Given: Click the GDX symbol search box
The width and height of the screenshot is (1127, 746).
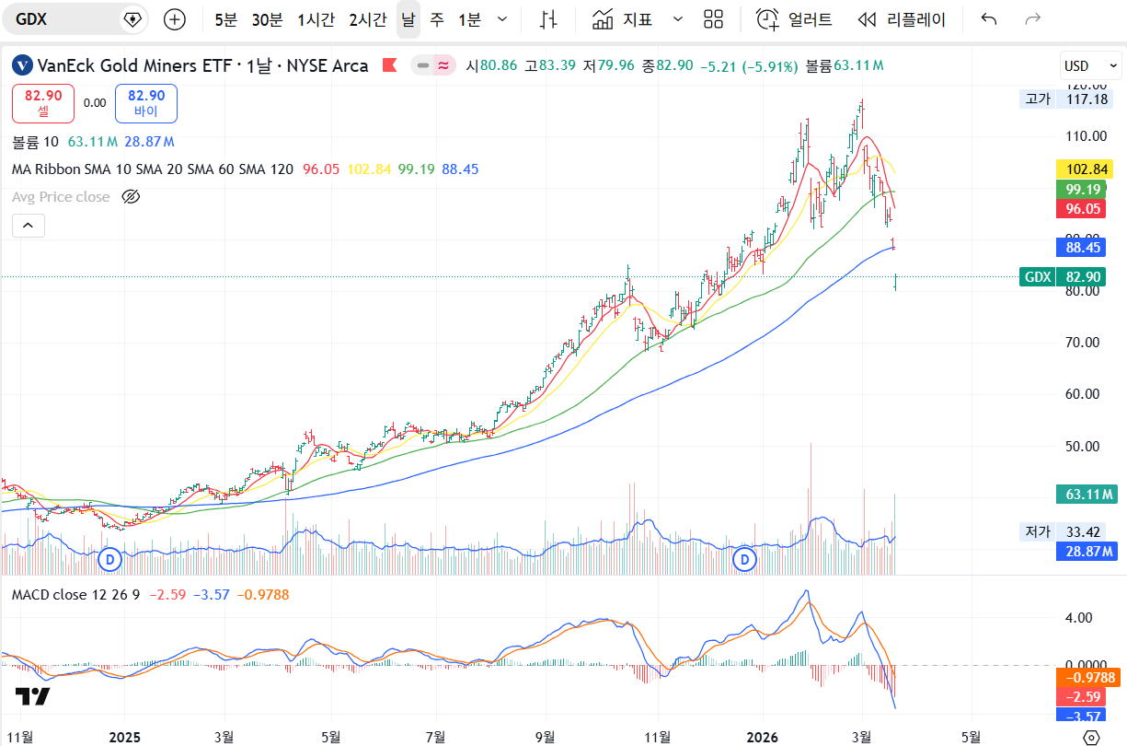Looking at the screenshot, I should [64, 19].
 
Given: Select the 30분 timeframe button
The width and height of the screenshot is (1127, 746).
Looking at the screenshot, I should [267, 19].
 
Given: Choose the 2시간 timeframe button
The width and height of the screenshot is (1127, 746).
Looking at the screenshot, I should [368, 19].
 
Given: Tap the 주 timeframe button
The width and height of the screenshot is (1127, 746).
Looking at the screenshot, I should [436, 19].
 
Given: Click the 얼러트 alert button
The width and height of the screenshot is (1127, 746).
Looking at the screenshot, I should [795, 19].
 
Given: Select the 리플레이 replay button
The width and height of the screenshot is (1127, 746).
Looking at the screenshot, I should [901, 19].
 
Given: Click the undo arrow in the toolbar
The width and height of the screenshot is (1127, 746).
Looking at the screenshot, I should [989, 19].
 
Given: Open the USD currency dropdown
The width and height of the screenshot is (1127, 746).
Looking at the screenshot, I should [1090, 66].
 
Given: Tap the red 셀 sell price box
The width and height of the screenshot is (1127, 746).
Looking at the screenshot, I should [43, 103].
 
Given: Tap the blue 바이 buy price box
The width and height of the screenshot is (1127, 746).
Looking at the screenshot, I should [146, 103].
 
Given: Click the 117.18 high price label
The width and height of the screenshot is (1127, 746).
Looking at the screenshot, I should [1087, 99].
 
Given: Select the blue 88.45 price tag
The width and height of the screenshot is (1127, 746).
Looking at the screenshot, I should [1084, 248].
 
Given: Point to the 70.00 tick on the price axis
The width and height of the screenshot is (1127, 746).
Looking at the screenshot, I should [1085, 343].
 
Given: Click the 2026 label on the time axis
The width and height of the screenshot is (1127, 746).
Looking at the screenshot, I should [763, 737].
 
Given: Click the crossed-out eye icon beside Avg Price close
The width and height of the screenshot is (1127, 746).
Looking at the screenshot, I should [131, 196].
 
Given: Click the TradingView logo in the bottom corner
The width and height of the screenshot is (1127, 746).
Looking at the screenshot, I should [32, 696].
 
